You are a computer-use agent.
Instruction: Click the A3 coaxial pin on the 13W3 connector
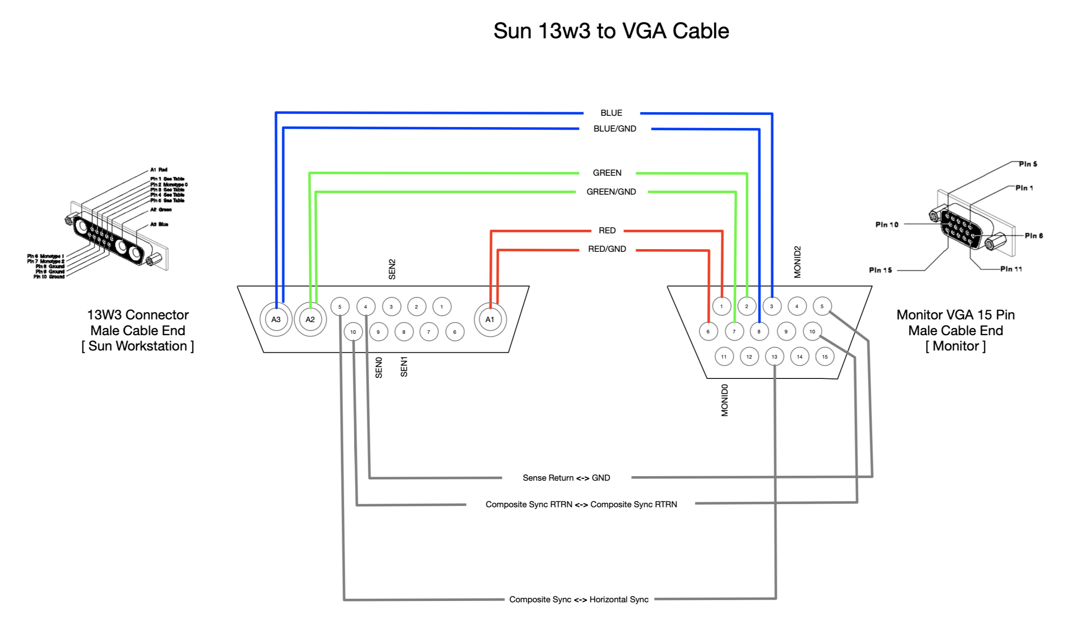point(276,319)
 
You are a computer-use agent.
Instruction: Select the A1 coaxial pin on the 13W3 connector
point(490,319)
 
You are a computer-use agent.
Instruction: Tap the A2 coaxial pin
point(310,319)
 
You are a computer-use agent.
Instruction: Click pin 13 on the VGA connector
point(774,357)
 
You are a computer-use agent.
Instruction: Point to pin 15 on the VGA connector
point(825,357)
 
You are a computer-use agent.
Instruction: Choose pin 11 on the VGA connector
point(724,357)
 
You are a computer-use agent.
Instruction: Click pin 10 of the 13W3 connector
point(353,332)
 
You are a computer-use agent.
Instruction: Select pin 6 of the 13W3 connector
point(455,332)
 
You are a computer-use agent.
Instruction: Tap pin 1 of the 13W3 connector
point(442,307)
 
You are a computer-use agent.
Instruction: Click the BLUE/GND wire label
point(615,129)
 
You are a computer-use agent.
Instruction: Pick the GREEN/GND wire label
point(611,192)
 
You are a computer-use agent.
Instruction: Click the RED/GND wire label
point(607,249)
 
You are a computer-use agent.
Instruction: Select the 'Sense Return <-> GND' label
point(566,478)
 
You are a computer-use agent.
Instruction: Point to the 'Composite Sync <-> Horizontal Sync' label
point(579,600)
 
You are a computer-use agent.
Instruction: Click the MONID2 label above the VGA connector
point(798,262)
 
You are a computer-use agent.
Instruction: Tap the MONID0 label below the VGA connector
point(725,400)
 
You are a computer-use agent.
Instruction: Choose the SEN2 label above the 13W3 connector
point(392,269)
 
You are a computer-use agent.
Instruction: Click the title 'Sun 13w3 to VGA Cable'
point(611,31)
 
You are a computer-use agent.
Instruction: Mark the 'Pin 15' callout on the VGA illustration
point(880,270)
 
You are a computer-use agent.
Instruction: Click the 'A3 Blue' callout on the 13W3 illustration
point(159,224)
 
